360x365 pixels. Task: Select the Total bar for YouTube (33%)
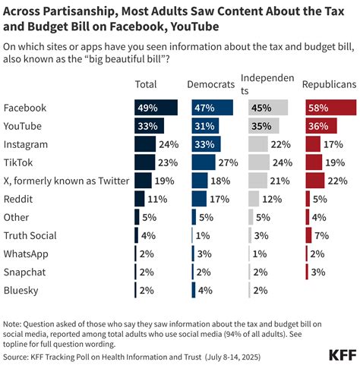point(149,125)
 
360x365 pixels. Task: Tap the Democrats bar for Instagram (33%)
point(207,143)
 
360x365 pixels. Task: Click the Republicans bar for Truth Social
point(308,234)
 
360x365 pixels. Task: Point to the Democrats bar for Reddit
point(199,198)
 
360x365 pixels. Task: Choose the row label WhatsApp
point(27,253)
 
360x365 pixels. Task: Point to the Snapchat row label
point(25,271)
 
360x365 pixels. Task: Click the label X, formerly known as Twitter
point(66,180)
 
